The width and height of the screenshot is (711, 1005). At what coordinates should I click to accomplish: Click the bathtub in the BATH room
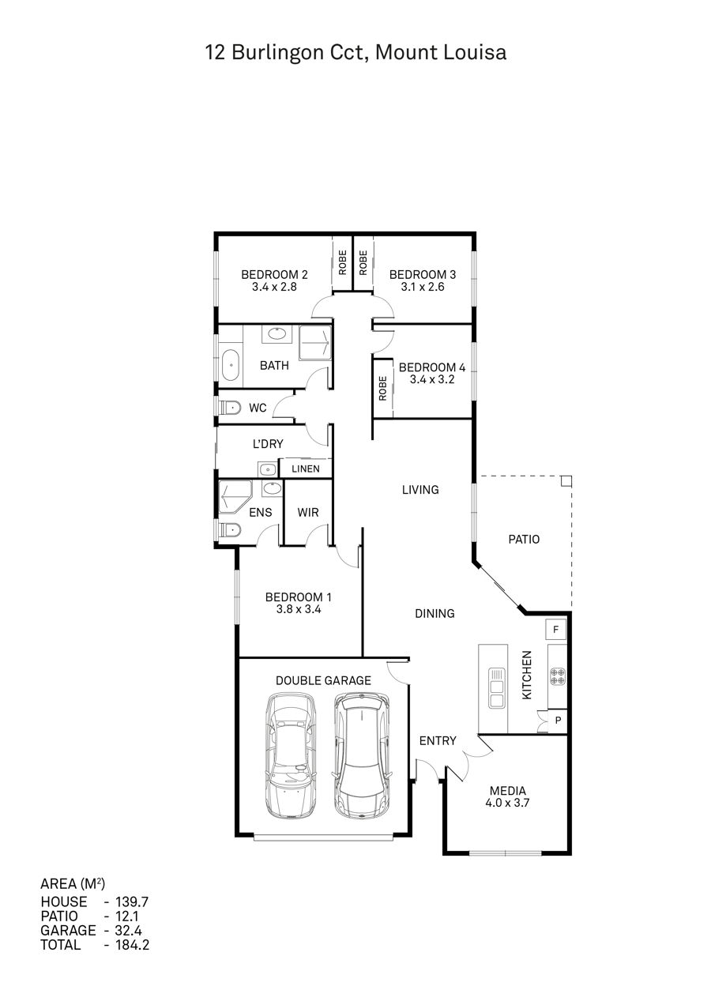coord(231,365)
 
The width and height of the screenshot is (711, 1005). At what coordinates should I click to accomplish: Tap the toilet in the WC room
coord(230,408)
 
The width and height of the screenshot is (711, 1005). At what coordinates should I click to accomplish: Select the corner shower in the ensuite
coord(235,497)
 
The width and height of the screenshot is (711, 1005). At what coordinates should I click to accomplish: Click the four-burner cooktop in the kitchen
coord(558,676)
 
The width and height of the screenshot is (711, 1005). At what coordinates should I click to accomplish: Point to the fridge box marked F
coord(556,630)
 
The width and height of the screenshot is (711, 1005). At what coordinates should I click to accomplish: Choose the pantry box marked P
coord(558,721)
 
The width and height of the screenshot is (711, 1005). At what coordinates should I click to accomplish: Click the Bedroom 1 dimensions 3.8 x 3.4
coord(299,609)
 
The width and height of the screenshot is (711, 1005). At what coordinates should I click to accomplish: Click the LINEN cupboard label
coord(306,469)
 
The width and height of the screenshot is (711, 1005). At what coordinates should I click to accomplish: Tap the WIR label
coord(308,512)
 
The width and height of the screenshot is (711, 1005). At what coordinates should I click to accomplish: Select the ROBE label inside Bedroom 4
coord(382,388)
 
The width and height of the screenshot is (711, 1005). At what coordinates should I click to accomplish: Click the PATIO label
coord(524,539)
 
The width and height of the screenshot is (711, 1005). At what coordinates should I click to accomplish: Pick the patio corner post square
coord(566,481)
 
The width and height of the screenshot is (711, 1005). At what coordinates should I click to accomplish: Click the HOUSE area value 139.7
coord(132,901)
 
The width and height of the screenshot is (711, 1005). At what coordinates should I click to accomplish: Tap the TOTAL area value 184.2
coord(133,945)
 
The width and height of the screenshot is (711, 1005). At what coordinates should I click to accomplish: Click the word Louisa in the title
coord(475,52)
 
